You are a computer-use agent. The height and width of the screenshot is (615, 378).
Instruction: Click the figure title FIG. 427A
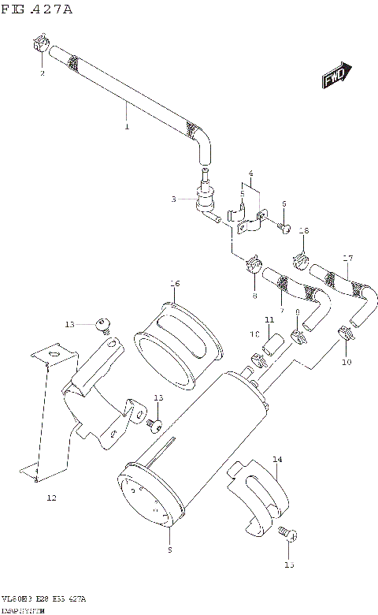(38, 10)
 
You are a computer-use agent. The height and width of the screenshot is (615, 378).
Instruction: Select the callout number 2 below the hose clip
(43, 73)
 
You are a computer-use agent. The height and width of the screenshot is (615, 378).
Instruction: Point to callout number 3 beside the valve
(173, 199)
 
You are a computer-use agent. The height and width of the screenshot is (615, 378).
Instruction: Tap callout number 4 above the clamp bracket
(250, 173)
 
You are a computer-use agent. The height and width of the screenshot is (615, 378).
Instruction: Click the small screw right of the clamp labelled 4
(286, 229)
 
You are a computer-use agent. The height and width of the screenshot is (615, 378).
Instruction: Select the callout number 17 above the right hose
(347, 258)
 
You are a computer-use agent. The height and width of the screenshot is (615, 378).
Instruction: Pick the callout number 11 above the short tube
(269, 319)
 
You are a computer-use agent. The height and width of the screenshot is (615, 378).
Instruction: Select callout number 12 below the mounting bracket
(51, 498)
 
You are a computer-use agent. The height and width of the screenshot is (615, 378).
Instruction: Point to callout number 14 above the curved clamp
(276, 458)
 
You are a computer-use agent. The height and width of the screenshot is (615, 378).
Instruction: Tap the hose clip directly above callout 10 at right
(345, 334)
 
